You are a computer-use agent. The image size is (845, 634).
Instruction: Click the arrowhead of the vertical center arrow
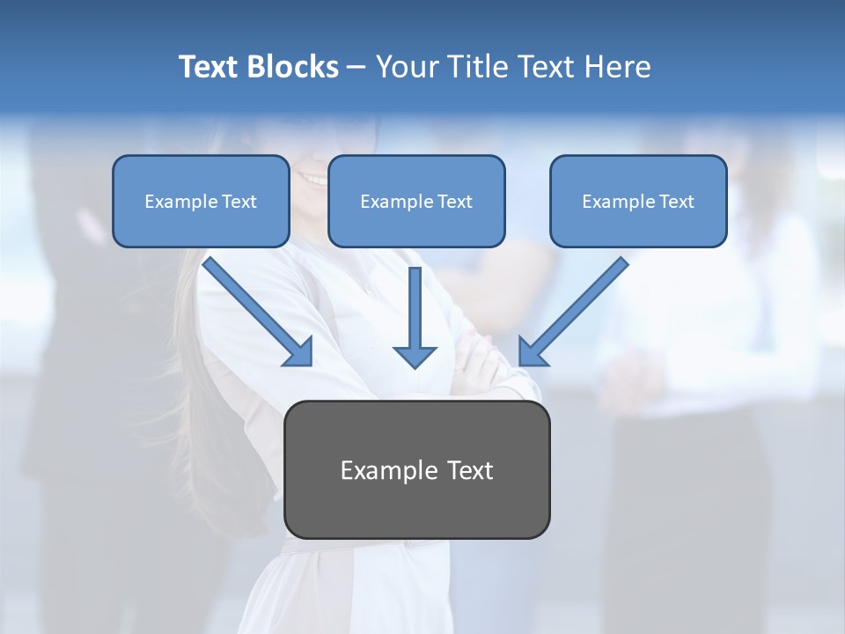415,356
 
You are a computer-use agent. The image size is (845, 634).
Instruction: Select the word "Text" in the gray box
469,471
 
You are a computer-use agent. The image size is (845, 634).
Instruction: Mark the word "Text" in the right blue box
676,202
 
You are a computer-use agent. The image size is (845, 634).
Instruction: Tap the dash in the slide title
356,67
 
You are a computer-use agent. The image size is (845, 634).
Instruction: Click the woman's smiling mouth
312,178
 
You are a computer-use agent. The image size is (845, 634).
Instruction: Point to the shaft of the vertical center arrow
415,304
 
